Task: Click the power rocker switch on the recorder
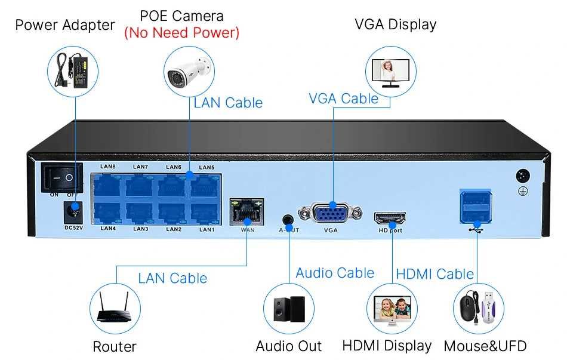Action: coord(61,177)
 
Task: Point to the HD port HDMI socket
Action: coord(390,217)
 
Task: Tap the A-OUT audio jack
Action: coord(289,219)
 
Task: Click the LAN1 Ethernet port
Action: coord(206,213)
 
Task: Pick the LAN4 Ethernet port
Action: coord(108,213)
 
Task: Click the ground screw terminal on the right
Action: coord(523,177)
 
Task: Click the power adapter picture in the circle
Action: coord(75,67)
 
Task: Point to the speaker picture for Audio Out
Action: coord(289,309)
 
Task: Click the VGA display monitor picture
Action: coord(390,69)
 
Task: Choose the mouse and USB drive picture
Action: coord(478,309)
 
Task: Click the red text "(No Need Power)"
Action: coord(181,32)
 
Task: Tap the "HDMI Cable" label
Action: coord(435,274)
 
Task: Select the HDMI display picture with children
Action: coord(392,309)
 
